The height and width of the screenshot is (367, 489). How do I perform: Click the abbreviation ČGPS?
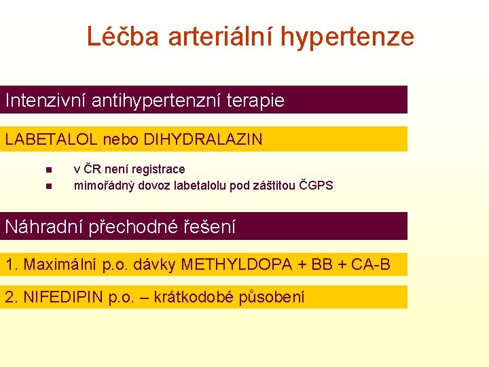click(x=316, y=185)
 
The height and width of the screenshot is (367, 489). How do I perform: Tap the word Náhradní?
click(x=44, y=226)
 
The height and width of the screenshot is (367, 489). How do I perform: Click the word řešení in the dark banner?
click(x=210, y=227)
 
